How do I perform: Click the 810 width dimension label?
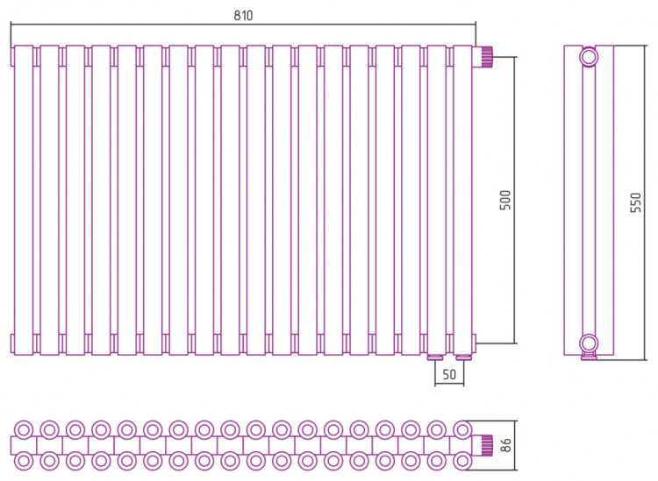click(x=243, y=16)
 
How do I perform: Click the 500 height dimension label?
click(x=506, y=200)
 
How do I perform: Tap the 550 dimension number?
click(x=636, y=202)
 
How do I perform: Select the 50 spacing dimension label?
click(x=449, y=374)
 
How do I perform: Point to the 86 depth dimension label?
click(x=506, y=445)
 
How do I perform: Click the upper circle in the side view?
click(x=589, y=56)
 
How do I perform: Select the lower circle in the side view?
click(x=589, y=343)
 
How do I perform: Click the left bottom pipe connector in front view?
click(x=435, y=357)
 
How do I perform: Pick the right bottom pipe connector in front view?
click(x=464, y=357)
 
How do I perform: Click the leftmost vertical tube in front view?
click(x=24, y=201)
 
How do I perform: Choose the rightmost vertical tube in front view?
click(x=463, y=201)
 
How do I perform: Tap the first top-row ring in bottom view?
click(x=24, y=430)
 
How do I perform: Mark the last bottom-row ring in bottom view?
click(x=462, y=462)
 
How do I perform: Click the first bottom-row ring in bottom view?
click(x=24, y=462)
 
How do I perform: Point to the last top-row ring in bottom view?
click(x=462, y=430)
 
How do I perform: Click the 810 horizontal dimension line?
click(x=243, y=25)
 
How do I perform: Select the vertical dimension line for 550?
click(x=644, y=202)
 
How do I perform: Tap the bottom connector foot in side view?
click(x=589, y=357)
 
